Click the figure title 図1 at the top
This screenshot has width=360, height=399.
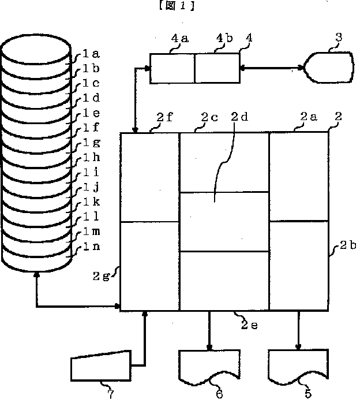coord(177,5)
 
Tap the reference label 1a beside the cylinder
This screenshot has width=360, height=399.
coord(91,54)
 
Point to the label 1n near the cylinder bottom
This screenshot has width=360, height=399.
coord(92,246)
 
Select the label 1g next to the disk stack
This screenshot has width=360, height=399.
coord(92,143)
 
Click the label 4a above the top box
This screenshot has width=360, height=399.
coord(180,38)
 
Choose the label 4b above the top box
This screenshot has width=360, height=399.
coord(224,38)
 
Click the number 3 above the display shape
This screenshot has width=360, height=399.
coord(339,37)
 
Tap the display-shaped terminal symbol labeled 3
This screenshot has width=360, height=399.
coord(328,68)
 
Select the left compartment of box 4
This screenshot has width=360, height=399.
coord(172,68)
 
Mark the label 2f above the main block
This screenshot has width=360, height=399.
coord(165,117)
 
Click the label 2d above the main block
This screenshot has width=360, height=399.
coord(239,117)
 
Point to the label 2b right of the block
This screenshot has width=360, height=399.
coord(348,245)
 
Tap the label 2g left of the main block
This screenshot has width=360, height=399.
coord(101,277)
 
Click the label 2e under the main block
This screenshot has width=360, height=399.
coord(249,325)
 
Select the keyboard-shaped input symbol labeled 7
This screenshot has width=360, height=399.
coord(101,366)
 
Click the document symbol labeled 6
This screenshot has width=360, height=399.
coord(209,367)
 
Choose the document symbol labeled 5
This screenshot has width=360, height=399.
coord(298,367)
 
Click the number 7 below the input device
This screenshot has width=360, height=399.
coord(110,394)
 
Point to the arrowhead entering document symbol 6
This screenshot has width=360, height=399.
coord(209,348)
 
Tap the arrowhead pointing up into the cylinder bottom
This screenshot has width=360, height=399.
coord(37,274)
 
